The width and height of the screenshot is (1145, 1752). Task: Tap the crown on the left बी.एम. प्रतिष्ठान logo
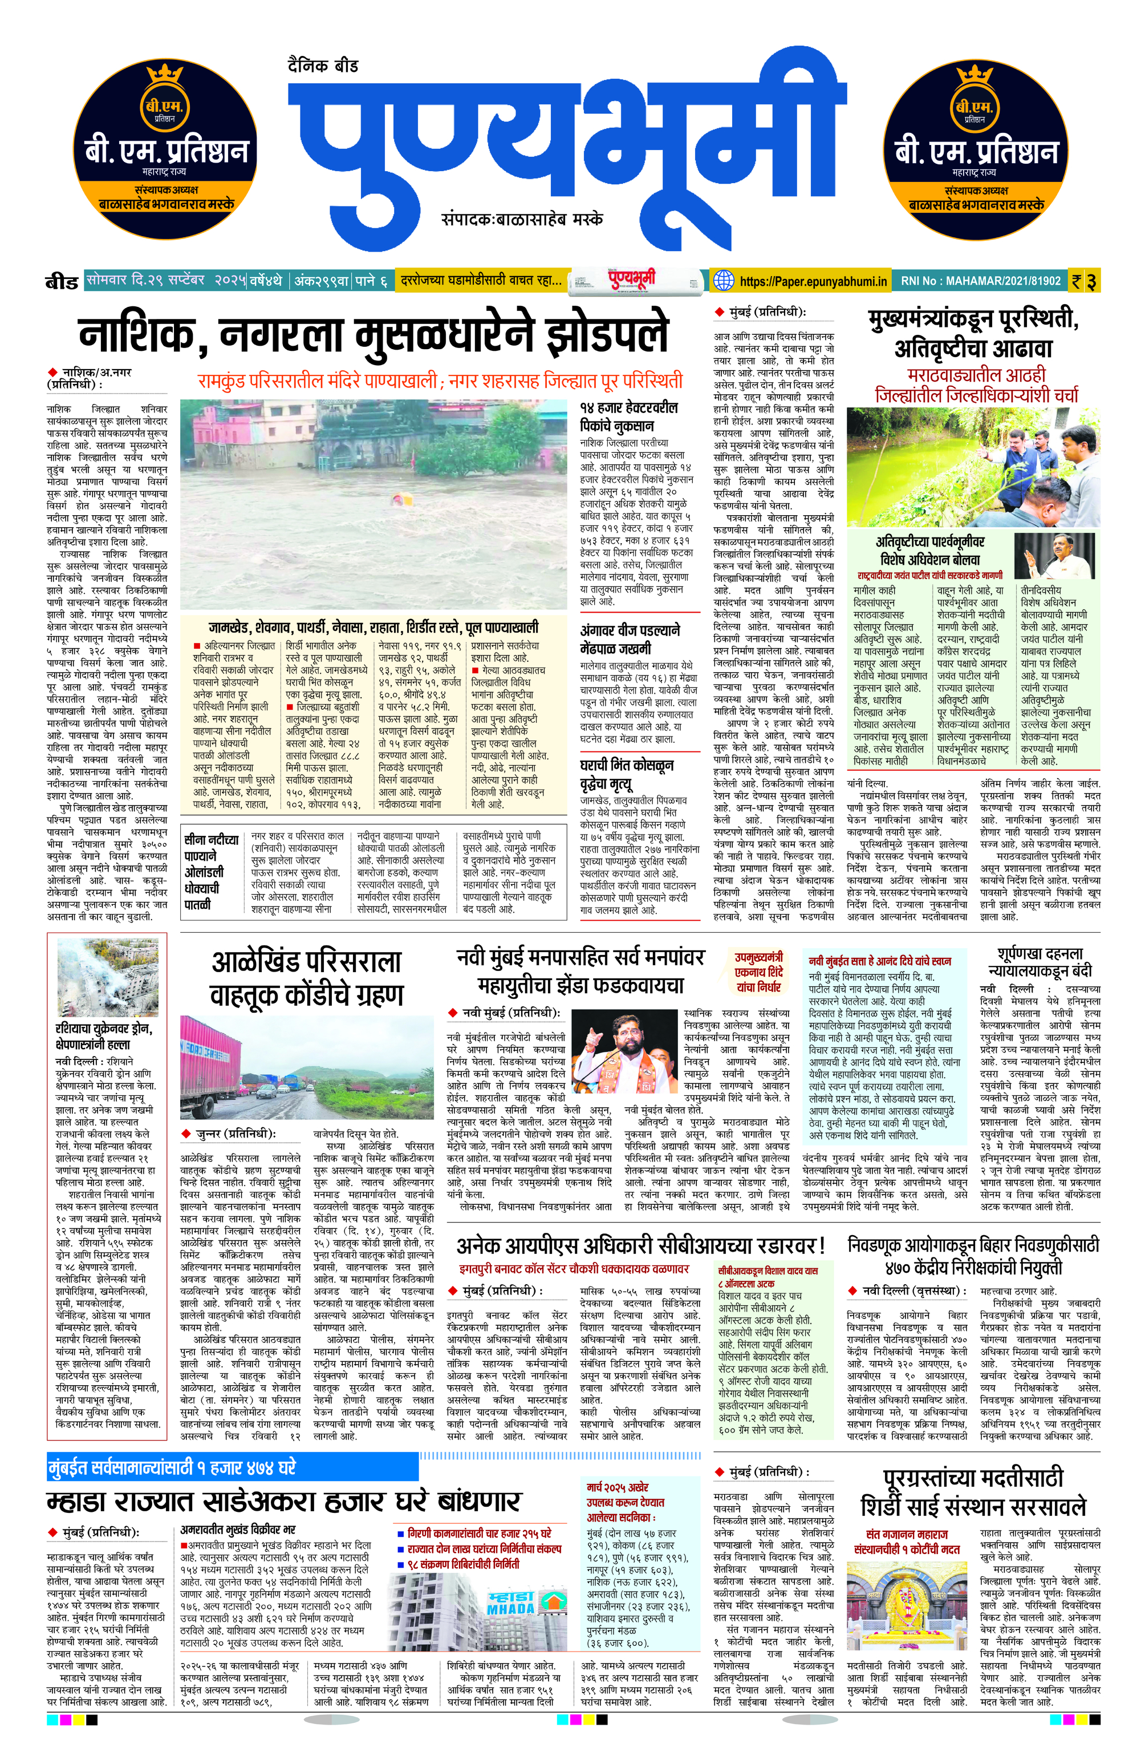click(x=165, y=74)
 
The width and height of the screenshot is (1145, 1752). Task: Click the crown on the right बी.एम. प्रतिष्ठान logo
click(x=975, y=74)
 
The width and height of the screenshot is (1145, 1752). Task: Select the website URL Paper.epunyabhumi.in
click(x=813, y=281)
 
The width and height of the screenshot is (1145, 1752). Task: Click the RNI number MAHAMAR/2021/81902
click(x=981, y=281)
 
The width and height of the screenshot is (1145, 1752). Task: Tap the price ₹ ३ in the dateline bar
click(x=1085, y=281)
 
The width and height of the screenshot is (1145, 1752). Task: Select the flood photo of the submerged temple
click(x=374, y=504)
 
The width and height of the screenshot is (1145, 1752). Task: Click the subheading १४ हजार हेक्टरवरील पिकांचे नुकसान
click(x=628, y=416)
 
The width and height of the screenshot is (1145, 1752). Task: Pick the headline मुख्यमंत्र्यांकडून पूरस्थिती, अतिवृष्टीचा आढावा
click(x=973, y=334)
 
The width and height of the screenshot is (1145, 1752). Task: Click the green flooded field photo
click(x=973, y=467)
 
